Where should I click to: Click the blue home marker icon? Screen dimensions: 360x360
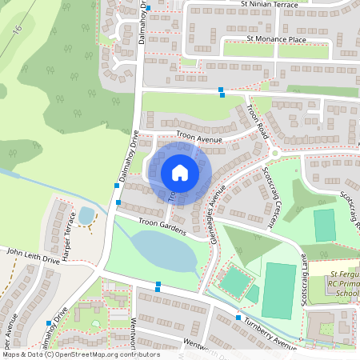tap(179, 172)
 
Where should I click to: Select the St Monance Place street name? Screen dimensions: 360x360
tap(276, 38)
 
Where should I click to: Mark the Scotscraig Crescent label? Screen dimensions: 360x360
tap(269, 195)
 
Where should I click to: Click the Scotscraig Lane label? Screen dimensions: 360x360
tap(305, 279)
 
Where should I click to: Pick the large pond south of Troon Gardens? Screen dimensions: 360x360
tap(164, 252)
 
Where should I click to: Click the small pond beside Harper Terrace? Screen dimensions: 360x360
tap(86, 215)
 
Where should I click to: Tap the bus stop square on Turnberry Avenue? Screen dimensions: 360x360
tap(238, 318)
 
